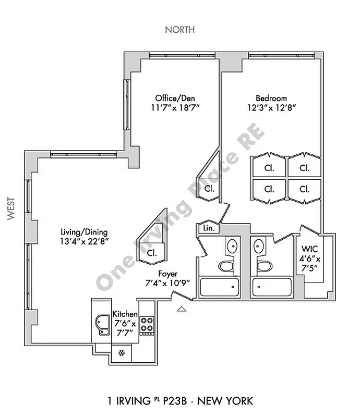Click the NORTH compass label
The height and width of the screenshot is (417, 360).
180,30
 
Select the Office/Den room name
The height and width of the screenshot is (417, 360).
175,98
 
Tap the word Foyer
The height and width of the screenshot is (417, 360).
167,273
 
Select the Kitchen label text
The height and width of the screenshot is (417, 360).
125,314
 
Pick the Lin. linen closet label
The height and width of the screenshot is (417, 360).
208,228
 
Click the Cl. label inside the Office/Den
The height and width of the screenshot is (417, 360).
210,188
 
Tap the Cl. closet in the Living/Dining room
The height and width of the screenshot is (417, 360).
152,253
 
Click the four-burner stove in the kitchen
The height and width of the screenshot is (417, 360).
147,326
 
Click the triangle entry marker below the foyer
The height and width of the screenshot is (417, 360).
182,310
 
